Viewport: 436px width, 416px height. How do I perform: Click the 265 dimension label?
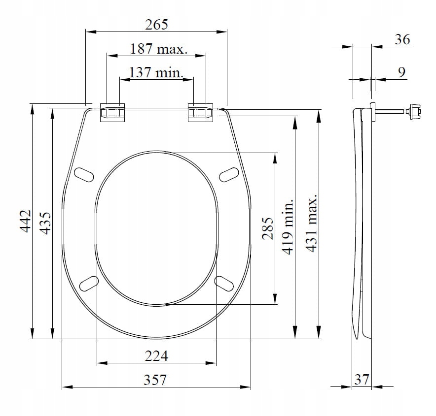(156, 25)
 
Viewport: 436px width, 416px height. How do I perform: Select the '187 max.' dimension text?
(159, 49)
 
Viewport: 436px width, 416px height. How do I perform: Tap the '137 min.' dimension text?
(156, 72)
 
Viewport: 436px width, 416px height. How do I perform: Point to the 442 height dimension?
(25, 221)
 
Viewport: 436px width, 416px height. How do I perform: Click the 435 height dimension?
(45, 223)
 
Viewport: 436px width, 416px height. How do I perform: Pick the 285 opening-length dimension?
(268, 228)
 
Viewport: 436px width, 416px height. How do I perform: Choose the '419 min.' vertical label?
(288, 226)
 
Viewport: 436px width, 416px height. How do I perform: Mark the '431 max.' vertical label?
(311, 223)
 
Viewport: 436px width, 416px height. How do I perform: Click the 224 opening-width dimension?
(156, 356)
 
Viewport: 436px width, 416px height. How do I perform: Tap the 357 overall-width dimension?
(155, 380)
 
